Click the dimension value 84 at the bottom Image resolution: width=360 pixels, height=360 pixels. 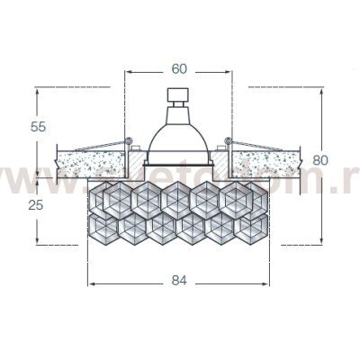click(x=178, y=280)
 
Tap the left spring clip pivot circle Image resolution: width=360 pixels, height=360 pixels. click(x=130, y=140)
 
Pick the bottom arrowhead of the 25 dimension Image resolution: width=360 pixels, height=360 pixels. click(x=37, y=240)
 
